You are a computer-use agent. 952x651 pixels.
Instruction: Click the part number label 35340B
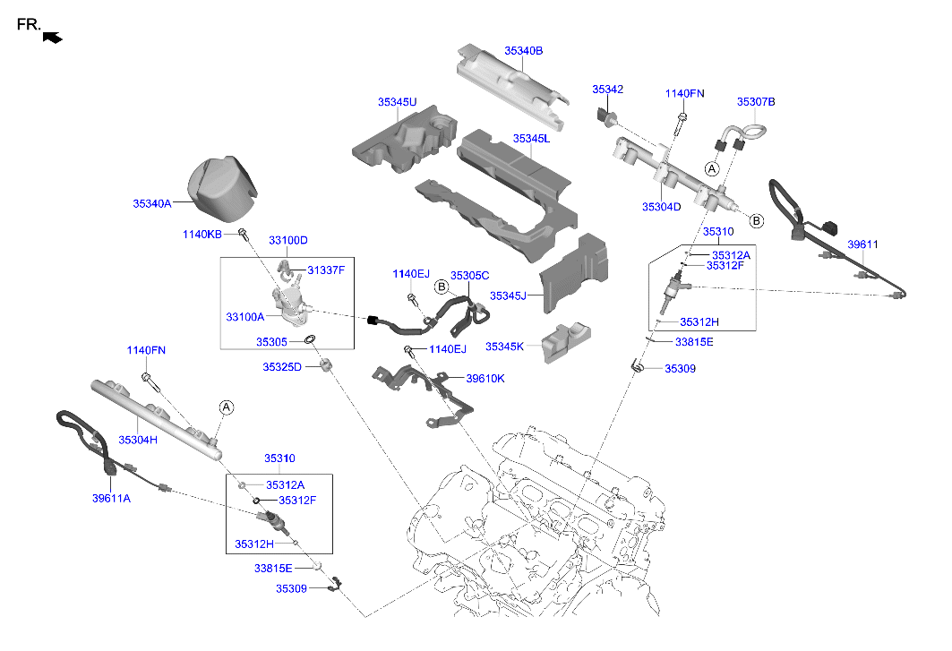tap(523, 51)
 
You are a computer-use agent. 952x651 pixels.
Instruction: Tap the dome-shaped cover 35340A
tap(221, 189)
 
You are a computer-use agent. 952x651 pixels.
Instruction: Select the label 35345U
tap(397, 102)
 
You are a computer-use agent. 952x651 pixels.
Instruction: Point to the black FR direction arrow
tap(53, 37)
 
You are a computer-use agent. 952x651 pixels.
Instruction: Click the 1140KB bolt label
tap(202, 234)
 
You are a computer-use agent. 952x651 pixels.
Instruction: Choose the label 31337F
tap(326, 270)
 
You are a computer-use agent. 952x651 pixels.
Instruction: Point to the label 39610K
tap(485, 378)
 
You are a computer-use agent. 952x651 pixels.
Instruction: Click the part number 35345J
tap(508, 295)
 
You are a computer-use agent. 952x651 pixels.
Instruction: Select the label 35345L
tap(531, 139)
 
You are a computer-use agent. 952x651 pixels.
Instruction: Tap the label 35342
tap(607, 90)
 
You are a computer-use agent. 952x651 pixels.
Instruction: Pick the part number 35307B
tap(756, 102)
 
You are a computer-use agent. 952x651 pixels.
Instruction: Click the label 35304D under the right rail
tap(661, 207)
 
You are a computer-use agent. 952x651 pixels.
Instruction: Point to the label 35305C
tap(469, 276)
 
